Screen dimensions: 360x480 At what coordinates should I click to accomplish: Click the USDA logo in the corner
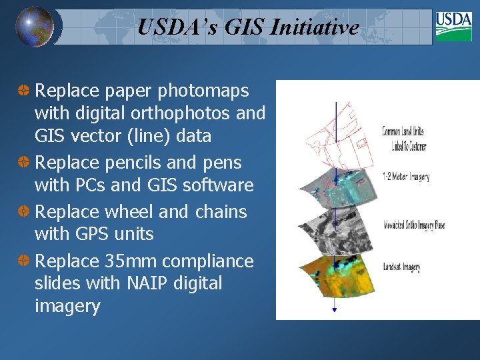pos(453,26)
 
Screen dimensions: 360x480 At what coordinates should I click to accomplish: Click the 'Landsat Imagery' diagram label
pos(401,267)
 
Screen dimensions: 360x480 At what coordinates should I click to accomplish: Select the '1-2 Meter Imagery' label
pos(405,177)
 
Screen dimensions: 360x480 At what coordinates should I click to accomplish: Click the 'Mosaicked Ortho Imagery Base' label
pos(413,225)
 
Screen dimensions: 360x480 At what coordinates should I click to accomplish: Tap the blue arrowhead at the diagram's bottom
pos(335,310)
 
